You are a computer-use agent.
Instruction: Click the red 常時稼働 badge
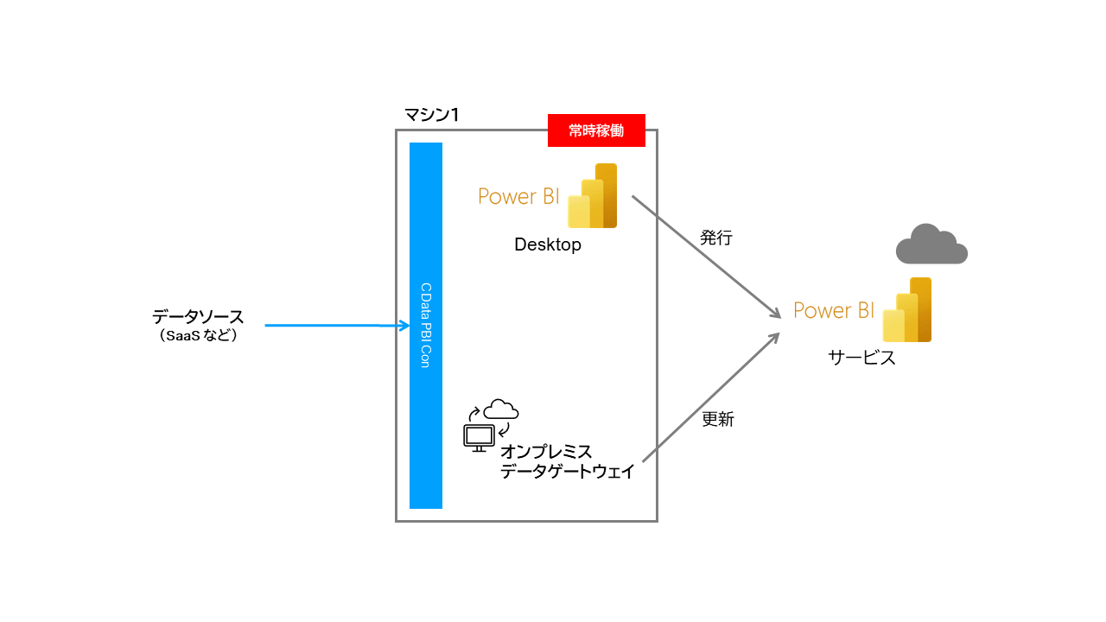pyautogui.click(x=596, y=130)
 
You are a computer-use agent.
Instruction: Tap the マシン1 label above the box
pyautogui.click(x=431, y=114)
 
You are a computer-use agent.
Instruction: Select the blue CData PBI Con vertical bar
pyautogui.click(x=426, y=325)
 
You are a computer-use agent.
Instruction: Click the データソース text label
pyautogui.click(x=198, y=317)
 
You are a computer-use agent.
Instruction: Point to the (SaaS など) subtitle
pyautogui.click(x=198, y=336)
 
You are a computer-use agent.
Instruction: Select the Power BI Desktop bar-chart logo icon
pyautogui.click(x=593, y=196)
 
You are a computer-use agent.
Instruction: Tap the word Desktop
pyautogui.click(x=548, y=244)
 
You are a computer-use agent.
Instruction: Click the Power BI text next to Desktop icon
pyautogui.click(x=518, y=196)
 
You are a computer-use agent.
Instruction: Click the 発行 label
pyautogui.click(x=716, y=238)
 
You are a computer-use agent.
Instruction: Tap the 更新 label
pyautogui.click(x=717, y=419)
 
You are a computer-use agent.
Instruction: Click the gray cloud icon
pyautogui.click(x=931, y=244)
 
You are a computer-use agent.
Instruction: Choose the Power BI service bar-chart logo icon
pyautogui.click(x=907, y=310)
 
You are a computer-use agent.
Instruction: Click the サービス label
pyautogui.click(x=861, y=358)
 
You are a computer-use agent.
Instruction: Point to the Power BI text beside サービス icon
pyautogui.click(x=834, y=310)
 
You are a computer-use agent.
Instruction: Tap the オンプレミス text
pyautogui.click(x=547, y=452)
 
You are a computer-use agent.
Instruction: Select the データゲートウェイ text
pyautogui.click(x=568, y=472)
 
